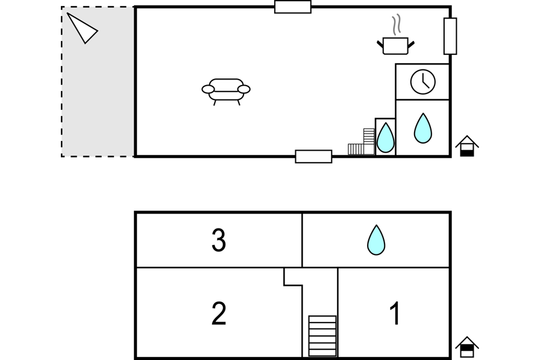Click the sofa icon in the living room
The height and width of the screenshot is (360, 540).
[x=226, y=92]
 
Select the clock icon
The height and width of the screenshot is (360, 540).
[x=423, y=81]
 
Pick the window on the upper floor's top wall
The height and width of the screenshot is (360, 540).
[x=293, y=7]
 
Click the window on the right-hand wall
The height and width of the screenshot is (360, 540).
[x=450, y=36]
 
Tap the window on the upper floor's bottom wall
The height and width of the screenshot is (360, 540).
[x=313, y=156]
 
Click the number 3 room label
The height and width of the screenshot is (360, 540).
[x=219, y=240]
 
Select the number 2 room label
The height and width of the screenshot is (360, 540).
[x=219, y=313]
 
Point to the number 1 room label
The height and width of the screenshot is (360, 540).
[x=395, y=313]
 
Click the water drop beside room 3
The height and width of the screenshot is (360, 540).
[x=376, y=240]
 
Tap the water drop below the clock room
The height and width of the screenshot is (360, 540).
[x=422, y=128]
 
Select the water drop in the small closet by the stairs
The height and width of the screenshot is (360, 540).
[x=385, y=137]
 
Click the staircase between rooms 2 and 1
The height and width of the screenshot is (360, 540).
[x=322, y=336]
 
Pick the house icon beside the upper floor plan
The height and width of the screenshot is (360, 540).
[x=467, y=146]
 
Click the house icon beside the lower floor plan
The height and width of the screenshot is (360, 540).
[x=467, y=347]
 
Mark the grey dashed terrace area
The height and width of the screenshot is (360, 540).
[x=98, y=81]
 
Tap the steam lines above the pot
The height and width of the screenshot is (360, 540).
[x=397, y=24]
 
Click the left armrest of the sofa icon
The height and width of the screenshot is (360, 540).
[x=208, y=90]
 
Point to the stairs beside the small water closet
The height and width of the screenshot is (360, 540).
[x=361, y=142]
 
